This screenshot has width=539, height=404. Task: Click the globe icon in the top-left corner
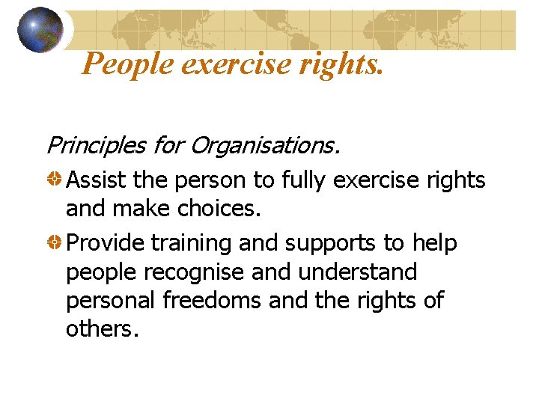40,29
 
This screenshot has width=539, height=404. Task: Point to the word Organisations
265,144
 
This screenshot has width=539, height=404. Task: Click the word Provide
105,243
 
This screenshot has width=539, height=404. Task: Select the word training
194,243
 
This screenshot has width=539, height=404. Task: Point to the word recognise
195,272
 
